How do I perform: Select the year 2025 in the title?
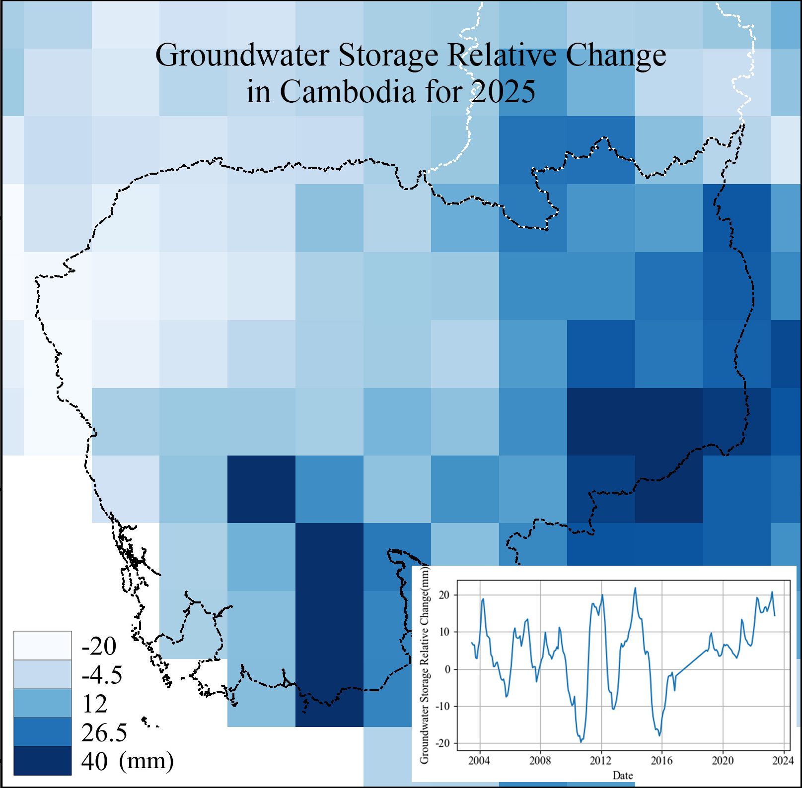(503, 92)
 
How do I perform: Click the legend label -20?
(99, 646)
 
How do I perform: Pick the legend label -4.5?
(102, 674)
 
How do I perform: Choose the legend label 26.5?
(104, 732)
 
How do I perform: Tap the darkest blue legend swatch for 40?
(42, 761)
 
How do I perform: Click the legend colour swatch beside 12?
(42, 703)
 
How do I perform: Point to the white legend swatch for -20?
(42, 646)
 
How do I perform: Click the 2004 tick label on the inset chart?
(479, 760)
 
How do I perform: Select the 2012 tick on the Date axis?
(601, 760)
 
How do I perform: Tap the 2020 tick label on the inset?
(723, 760)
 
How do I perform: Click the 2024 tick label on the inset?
(783, 760)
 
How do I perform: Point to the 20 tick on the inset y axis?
(444, 595)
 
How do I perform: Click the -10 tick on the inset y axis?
(442, 706)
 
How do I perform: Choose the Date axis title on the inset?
(623, 775)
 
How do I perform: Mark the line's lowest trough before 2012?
(581, 742)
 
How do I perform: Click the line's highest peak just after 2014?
(635, 588)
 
